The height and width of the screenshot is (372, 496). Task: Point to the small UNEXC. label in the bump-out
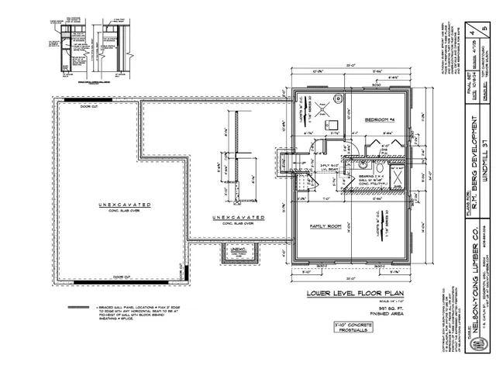pos(233,255)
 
